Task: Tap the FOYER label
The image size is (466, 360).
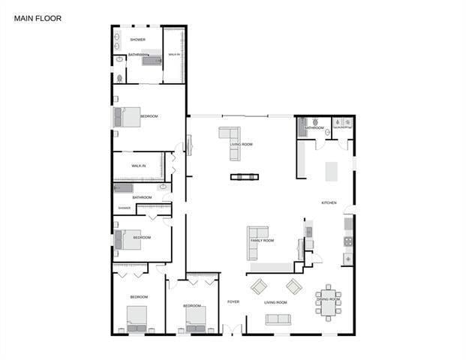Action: click(x=233, y=302)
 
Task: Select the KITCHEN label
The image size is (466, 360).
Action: click(x=329, y=203)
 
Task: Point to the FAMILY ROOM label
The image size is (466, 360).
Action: click(x=262, y=241)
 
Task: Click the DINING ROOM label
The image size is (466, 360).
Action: click(x=328, y=299)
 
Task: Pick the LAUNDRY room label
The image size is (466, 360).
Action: click(x=343, y=128)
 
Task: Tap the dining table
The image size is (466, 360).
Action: click(x=328, y=301)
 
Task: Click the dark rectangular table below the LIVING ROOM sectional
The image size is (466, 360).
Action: click(x=244, y=177)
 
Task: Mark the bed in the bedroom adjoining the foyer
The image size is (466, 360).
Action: click(x=196, y=319)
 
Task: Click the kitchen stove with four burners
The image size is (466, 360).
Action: click(x=347, y=241)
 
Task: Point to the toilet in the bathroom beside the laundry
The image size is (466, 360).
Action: click(x=316, y=121)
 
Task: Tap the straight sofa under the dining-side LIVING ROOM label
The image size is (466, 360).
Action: click(x=277, y=319)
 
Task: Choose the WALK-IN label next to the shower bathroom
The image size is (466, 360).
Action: click(x=173, y=55)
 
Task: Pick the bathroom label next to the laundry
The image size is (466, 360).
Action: click(x=314, y=128)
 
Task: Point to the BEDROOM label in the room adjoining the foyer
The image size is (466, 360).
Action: click(x=193, y=305)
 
